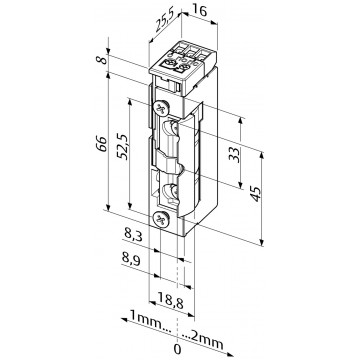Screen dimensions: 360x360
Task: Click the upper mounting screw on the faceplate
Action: tap(160, 107)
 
